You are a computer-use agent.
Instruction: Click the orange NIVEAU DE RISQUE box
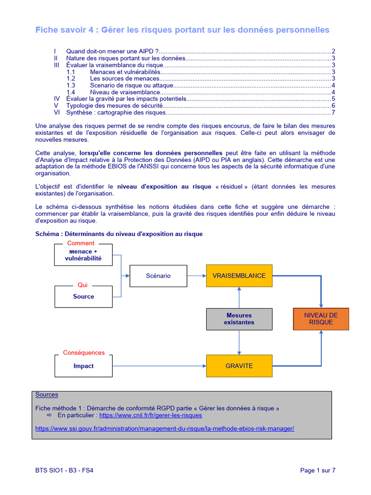[321, 319]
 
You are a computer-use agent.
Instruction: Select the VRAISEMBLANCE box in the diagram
[239, 276]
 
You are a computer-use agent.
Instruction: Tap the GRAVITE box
[239, 366]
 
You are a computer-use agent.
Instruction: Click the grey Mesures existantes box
[239, 319]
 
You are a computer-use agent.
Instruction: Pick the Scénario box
[158, 276]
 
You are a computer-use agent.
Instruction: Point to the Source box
[84, 296]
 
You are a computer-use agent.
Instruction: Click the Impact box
[84, 366]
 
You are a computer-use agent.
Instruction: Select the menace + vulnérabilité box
[84, 255]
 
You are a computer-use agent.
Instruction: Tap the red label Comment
[81, 243]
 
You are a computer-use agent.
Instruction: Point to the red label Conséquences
[84, 353]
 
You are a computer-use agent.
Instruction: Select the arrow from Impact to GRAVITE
[159, 366]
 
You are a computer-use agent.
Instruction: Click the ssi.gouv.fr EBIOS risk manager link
[165, 428]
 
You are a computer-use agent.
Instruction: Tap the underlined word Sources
[46, 395]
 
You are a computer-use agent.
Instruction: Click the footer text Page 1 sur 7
[317, 470]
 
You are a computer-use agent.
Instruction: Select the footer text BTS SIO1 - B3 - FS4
[64, 470]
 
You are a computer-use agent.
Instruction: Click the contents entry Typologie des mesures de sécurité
[114, 105]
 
